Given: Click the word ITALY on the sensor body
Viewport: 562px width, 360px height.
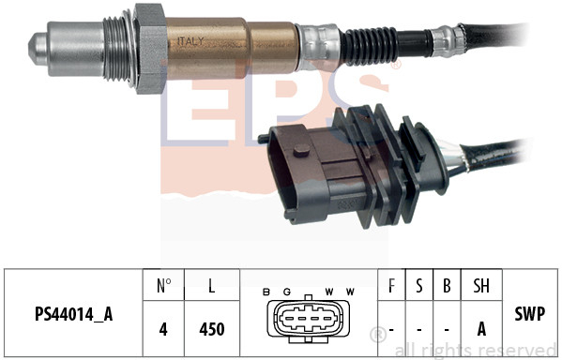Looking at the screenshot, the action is point(190,41).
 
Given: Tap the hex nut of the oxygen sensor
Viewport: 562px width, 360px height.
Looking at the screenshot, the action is point(150,49).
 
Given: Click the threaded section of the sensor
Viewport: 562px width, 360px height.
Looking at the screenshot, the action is point(116,49).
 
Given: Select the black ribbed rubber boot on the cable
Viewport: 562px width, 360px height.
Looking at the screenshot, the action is point(370,47).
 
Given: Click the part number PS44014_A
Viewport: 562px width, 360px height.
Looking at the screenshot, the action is point(74,314).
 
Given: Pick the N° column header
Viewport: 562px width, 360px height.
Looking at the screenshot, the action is point(164,286).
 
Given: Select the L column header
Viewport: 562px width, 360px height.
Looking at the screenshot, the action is point(212,286).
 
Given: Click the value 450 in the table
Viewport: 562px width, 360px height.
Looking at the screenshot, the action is point(212,329).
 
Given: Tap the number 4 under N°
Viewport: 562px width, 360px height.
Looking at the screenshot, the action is point(163,329).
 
